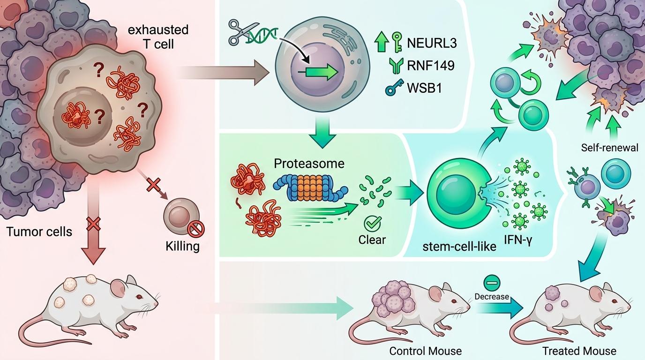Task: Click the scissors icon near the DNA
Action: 239,32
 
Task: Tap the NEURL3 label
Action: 432,44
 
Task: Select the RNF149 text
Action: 431,65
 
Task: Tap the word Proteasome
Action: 309,164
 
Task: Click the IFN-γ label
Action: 518,240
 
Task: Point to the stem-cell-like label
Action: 459,247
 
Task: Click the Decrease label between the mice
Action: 492,296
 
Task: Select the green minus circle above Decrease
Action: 492,283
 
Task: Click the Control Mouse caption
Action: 426,351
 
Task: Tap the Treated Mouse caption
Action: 579,351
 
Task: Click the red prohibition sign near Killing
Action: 196,229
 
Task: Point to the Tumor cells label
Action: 39,232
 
